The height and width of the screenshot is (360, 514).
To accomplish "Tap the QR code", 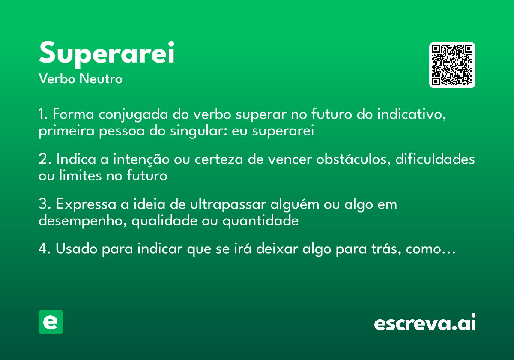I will tap(452, 65).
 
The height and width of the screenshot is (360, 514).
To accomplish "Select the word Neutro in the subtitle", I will tap(101, 79).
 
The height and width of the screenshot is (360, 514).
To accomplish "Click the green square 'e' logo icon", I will tap(51, 322).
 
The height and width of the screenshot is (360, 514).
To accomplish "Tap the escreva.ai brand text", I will tap(425, 323).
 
